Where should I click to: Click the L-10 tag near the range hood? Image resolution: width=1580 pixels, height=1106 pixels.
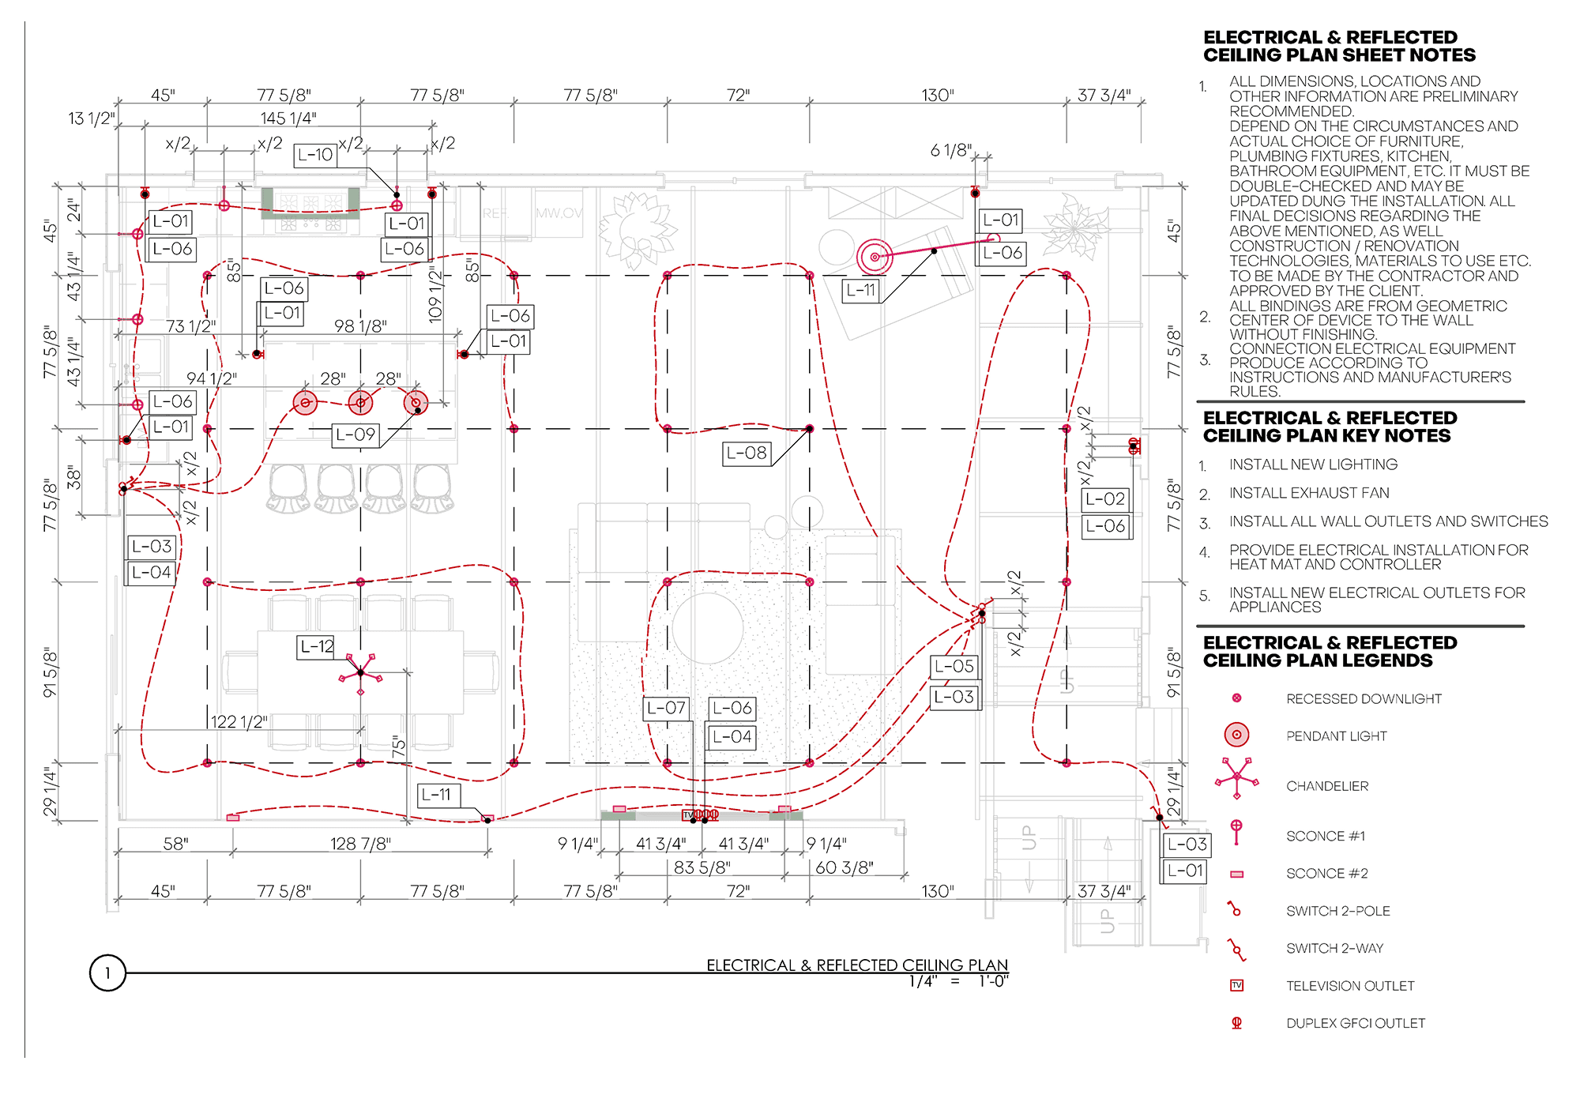(x=315, y=155)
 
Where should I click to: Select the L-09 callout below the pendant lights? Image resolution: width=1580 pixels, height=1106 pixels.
(x=355, y=434)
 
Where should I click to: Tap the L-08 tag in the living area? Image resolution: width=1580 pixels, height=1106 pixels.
(x=747, y=453)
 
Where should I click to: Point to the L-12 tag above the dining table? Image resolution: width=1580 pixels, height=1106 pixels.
(x=316, y=646)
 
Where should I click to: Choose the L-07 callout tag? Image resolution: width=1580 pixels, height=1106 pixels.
(x=666, y=708)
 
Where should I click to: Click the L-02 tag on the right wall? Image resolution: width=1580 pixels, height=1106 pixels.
(x=1105, y=499)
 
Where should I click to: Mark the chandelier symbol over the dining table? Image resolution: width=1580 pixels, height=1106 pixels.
(x=361, y=673)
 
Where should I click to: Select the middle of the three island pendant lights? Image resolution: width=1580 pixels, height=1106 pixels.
(x=360, y=403)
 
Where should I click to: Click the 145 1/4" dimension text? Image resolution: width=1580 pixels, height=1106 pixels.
(x=288, y=118)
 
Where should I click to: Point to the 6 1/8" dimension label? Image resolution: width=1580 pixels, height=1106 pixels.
(x=950, y=150)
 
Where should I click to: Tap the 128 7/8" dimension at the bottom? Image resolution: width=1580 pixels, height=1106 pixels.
(x=360, y=844)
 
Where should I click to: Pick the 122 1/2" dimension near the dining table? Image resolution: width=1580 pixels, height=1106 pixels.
(x=239, y=722)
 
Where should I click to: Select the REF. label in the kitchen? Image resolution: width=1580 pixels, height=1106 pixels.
(x=496, y=213)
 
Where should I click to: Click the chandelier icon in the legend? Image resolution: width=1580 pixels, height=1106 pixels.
(x=1236, y=779)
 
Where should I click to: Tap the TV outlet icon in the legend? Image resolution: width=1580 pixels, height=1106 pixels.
(x=1237, y=985)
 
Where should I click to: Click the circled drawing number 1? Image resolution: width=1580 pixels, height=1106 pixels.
(x=107, y=973)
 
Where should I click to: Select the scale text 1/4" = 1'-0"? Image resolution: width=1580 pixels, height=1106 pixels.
(x=958, y=982)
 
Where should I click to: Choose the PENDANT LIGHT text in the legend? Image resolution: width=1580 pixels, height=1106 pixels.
(x=1337, y=736)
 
